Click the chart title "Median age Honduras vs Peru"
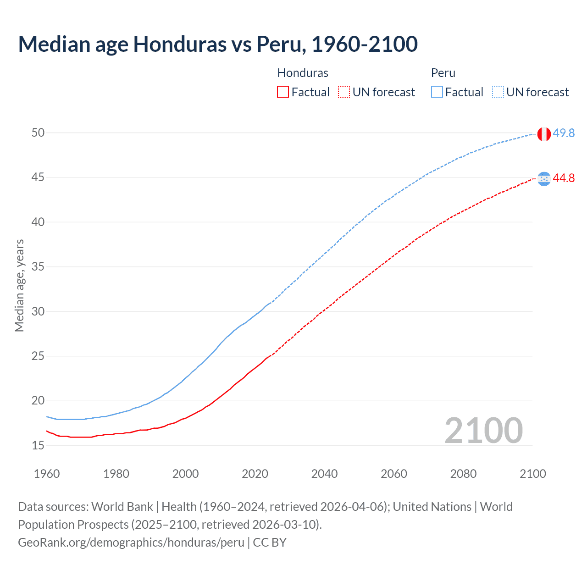pos(218,44)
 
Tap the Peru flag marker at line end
pos(544,134)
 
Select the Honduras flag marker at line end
pos(544,179)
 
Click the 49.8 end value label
pos(564,133)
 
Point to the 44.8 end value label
pos(564,178)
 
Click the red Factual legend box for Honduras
pos(283,92)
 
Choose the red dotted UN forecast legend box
pos(344,92)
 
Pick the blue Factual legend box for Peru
pos(437,92)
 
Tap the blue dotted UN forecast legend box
pos(498,92)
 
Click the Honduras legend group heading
pos(303,73)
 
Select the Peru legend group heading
pos(443,73)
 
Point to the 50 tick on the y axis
pos(38,133)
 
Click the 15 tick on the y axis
pos(38,445)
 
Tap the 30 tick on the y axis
pos(38,311)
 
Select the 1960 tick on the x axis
pos(47,474)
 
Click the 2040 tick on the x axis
pos(324,474)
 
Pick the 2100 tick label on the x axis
pos(532,474)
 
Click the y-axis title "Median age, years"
pos(19,285)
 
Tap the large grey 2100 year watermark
pos(483,430)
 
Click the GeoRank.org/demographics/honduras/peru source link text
pos(131,543)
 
